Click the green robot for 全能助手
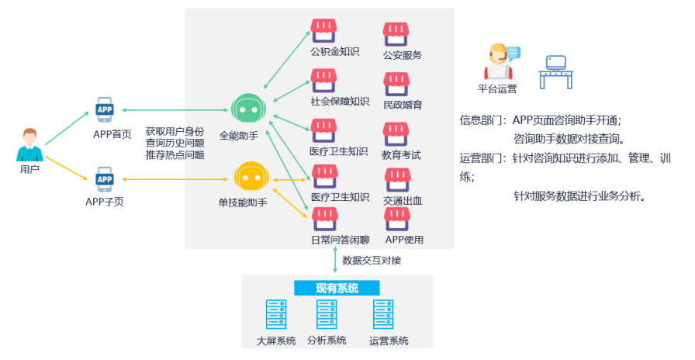(x=248, y=110)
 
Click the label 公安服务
(x=402, y=55)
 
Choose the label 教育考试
(x=402, y=154)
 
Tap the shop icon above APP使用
(x=397, y=216)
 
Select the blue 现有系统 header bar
(x=337, y=289)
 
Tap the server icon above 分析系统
(x=326, y=315)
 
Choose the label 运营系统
(x=389, y=341)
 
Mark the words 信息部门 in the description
(x=482, y=120)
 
